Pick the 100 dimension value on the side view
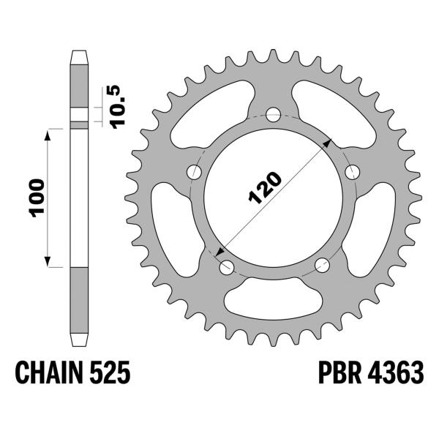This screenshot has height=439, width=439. [x=38, y=196]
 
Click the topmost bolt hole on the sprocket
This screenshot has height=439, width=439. [x=274, y=115]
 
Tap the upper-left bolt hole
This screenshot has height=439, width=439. [x=195, y=172]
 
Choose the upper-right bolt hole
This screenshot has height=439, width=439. [x=353, y=172]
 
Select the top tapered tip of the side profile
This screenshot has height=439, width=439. [x=78, y=56]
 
